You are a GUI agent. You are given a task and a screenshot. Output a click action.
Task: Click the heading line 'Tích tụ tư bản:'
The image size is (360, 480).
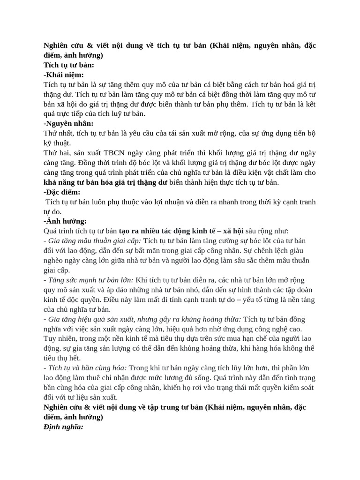(x=68, y=65)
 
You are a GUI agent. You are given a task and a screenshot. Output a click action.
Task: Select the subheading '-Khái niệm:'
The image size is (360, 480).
(x=63, y=75)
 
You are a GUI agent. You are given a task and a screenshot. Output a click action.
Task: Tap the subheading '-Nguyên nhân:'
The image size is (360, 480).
(x=68, y=123)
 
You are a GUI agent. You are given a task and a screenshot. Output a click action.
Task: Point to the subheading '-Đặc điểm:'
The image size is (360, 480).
(x=62, y=192)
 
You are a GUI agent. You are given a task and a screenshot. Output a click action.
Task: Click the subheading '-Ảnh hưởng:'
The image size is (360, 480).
(x=65, y=221)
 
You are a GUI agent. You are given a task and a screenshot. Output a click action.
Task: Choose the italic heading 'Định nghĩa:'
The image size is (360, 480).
(x=63, y=427)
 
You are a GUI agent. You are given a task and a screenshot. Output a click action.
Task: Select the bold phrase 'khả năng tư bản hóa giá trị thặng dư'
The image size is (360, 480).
(x=105, y=182)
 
